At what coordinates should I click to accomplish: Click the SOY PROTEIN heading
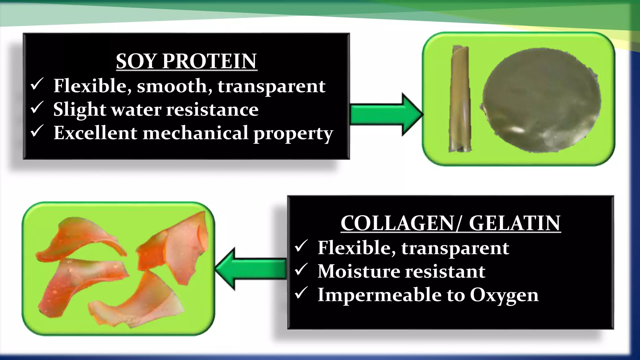tap(187, 61)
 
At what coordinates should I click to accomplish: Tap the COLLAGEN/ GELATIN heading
tap(451, 223)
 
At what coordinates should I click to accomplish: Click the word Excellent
tap(95, 133)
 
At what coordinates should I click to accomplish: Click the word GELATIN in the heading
tap(515, 223)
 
